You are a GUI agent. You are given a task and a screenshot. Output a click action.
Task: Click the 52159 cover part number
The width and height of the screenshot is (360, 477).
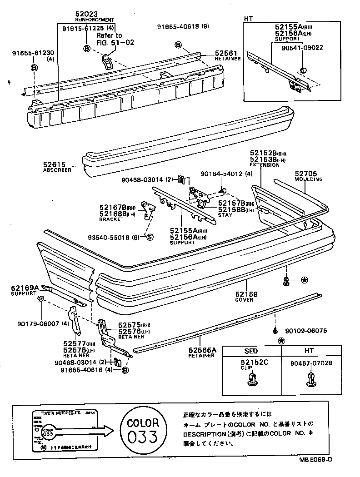pos(246,294)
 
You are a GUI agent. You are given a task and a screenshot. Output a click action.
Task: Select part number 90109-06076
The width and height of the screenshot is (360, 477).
pos(306,331)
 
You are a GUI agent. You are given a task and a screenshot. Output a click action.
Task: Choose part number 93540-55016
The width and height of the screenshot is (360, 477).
pos(115,237)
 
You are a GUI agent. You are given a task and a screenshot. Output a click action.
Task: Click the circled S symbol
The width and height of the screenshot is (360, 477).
pos(150,237)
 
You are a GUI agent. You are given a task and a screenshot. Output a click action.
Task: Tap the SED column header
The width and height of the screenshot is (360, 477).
pos(251,351)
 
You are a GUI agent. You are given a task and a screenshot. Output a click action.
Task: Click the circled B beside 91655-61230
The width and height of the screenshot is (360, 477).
pos(34,68)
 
